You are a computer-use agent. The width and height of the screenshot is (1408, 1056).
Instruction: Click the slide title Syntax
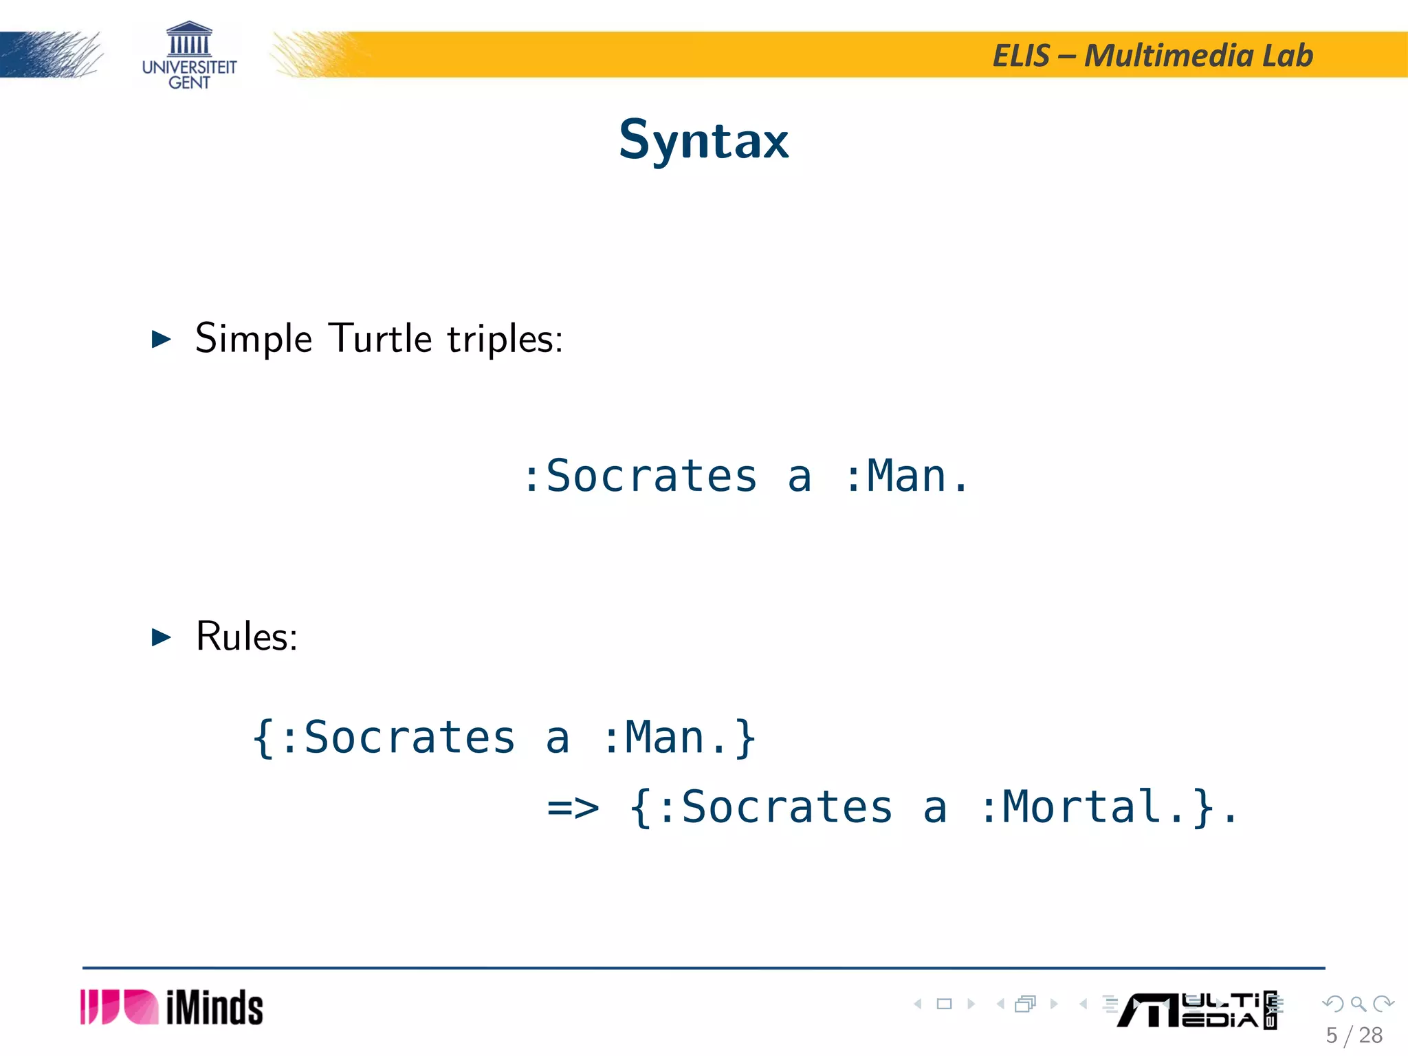703,140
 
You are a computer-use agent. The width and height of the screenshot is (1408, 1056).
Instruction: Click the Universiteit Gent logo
189,56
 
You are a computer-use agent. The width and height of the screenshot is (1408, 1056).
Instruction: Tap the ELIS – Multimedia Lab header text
1152,56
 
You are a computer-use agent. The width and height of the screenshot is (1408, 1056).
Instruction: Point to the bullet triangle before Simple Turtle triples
161,339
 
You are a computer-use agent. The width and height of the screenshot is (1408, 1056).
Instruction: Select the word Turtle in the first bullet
380,338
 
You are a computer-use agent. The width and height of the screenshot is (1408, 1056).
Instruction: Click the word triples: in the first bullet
505,340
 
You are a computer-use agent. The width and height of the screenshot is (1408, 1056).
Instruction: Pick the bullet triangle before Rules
161,637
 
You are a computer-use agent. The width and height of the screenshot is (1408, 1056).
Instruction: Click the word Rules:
246,637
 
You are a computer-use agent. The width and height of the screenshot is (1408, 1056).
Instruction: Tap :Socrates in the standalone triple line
639,476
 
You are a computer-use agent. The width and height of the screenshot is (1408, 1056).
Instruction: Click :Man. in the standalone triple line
906,476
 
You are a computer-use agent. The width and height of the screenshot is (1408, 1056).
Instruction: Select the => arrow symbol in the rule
573,807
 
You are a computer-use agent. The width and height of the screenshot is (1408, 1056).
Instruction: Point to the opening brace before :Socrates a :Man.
263,738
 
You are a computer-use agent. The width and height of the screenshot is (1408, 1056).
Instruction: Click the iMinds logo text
214,1008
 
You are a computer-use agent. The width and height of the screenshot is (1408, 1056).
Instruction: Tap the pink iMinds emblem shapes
119,1007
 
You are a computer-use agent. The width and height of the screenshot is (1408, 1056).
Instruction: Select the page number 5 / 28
1354,1035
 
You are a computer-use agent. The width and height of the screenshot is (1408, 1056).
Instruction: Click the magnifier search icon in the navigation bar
1358,1004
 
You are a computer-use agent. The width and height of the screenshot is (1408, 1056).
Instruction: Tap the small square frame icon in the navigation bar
944,1004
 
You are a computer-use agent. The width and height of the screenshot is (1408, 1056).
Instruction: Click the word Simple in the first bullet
254,339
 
